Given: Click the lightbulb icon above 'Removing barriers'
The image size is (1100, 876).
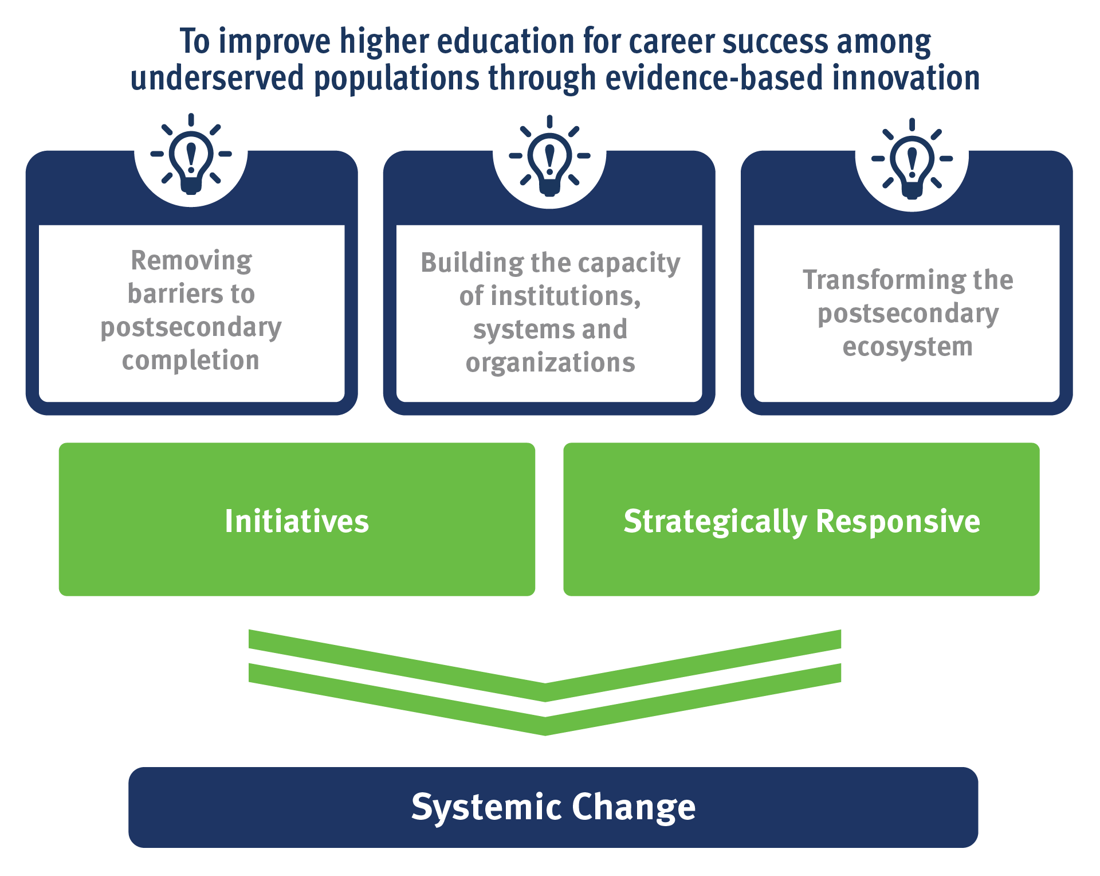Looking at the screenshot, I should tap(191, 155).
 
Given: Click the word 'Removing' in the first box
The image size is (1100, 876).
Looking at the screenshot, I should tap(191, 260).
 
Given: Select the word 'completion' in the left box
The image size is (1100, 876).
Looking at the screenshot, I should tap(191, 361).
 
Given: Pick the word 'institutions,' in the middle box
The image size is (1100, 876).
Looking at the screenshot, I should tap(549, 296).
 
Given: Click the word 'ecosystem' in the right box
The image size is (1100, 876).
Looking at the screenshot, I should tap(907, 347).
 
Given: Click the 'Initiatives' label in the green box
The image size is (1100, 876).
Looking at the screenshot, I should tap(297, 521).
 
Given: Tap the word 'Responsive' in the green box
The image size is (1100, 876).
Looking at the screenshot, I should tap(897, 521).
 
